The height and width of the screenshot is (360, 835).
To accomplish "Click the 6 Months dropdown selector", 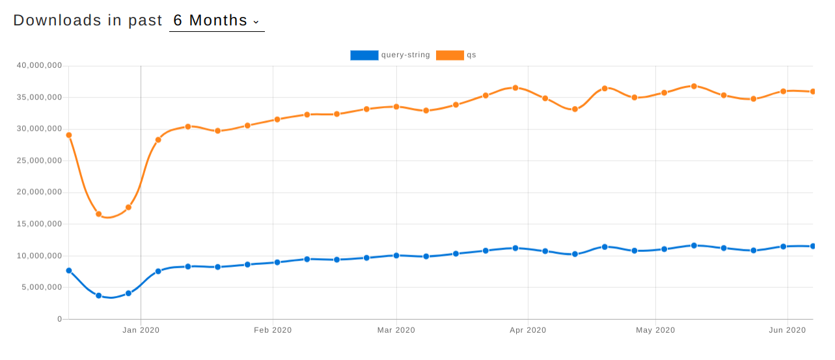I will (216, 21).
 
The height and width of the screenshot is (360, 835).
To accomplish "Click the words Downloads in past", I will (88, 21).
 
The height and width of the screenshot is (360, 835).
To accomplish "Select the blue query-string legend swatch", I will (364, 55).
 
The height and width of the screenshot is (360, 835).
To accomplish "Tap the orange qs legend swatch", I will (450, 55).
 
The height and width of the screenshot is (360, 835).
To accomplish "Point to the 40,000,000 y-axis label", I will (39, 66).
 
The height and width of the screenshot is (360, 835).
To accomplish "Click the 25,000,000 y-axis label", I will (39, 161).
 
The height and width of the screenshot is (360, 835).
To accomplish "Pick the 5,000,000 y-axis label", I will (42, 287).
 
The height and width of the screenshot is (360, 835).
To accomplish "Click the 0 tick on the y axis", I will (59, 319).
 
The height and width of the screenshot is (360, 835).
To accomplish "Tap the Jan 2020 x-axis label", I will (141, 331).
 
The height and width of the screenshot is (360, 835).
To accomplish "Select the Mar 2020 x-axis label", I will (396, 331).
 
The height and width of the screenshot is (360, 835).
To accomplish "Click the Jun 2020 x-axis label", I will (787, 331).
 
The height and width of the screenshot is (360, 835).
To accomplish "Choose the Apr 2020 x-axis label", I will (528, 331).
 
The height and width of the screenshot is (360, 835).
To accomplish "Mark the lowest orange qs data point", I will (99, 214).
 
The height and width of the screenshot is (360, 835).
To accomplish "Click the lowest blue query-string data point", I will (99, 296).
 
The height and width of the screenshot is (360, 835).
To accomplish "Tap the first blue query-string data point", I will (69, 271).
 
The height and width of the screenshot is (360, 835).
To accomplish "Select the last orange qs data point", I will (813, 92).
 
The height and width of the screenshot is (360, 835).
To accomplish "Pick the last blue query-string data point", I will (813, 246).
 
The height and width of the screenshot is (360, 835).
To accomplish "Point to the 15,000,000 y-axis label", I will (39, 224).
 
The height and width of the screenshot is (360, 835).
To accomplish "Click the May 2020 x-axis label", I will (655, 331).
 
